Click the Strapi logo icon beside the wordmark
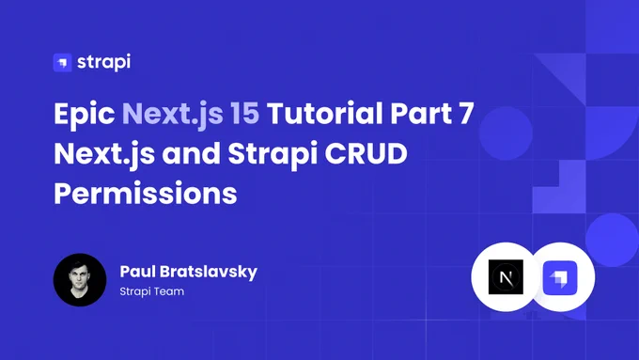click(x=62, y=62)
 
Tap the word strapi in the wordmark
click(x=104, y=62)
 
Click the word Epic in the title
click(x=85, y=114)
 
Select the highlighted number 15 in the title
click(x=244, y=113)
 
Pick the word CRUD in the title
click(x=366, y=153)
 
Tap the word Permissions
click(x=146, y=194)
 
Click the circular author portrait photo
click(x=80, y=280)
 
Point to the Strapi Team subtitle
click(x=152, y=291)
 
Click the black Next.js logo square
click(x=506, y=277)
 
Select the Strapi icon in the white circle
click(x=560, y=277)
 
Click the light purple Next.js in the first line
click(x=172, y=114)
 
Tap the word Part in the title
click(x=421, y=113)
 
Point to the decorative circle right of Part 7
click(x=506, y=133)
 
